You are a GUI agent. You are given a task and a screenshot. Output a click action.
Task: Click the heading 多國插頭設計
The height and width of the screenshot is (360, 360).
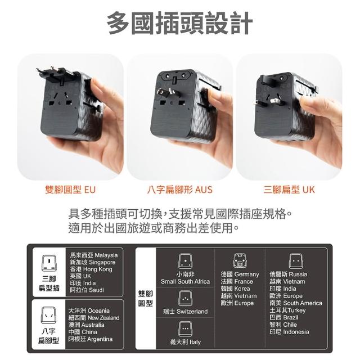click(x=180, y=23)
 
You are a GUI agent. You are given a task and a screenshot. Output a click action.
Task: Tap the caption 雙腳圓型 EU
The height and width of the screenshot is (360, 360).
click(x=70, y=190)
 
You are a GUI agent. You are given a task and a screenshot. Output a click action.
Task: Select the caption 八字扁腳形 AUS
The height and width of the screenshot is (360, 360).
click(x=180, y=190)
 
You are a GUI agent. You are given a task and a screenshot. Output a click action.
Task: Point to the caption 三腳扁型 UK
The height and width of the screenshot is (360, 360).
click(x=289, y=190)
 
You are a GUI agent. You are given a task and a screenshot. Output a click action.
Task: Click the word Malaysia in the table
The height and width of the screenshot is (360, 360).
click(x=106, y=255)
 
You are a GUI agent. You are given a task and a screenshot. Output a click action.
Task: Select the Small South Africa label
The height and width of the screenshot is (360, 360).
click(x=185, y=281)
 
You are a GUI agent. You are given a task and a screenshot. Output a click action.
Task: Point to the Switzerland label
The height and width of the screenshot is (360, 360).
click(x=192, y=312)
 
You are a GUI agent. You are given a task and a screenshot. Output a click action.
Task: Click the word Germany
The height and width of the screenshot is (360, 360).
click(x=247, y=274)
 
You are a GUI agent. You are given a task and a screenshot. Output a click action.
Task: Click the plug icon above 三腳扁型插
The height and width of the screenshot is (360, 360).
click(x=49, y=263)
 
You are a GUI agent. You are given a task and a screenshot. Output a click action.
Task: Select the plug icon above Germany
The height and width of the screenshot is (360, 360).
click(x=240, y=261)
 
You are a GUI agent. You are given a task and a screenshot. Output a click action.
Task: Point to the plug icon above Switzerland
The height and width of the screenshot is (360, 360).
click(x=185, y=298)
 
